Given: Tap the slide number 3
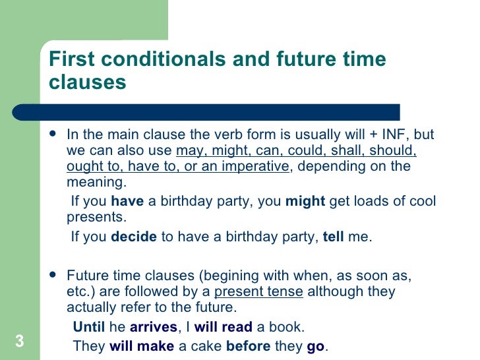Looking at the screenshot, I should pyautogui.click(x=19, y=341).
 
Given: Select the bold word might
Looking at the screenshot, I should pyautogui.click(x=305, y=201).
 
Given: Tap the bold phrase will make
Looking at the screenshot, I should pyautogui.click(x=141, y=345).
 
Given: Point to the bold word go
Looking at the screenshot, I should pyautogui.click(x=316, y=346).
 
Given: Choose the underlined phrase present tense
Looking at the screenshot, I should pyautogui.click(x=259, y=291).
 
